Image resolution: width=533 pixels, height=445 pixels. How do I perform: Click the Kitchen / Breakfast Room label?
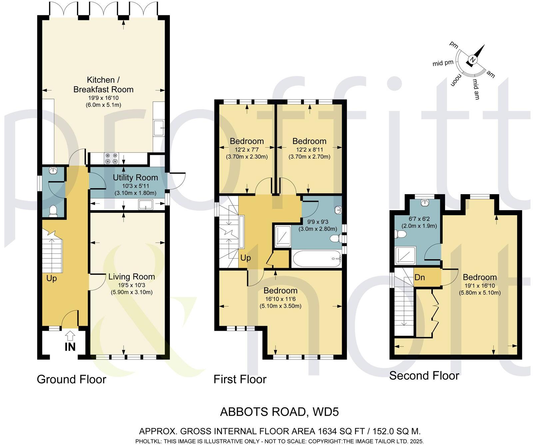[103, 85]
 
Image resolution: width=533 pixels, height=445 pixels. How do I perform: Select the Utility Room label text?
[135, 178]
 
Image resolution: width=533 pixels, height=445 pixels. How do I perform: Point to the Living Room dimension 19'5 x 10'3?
[132, 285]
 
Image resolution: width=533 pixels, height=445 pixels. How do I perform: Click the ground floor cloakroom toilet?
[53, 211]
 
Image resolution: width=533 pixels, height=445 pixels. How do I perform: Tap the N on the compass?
[472, 60]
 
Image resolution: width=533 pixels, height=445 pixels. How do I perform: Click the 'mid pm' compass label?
[443, 63]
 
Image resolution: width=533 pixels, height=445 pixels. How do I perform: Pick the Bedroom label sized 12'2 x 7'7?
[247, 141]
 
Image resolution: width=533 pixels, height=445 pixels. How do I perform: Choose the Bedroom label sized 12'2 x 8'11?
[309, 141]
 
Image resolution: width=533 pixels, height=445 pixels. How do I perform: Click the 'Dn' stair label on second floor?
[420, 277]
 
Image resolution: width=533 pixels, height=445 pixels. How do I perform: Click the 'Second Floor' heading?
[424, 376]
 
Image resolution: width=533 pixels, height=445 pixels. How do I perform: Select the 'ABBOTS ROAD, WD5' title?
[279, 412]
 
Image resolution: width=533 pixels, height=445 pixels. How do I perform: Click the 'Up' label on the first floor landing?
[246, 258]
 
